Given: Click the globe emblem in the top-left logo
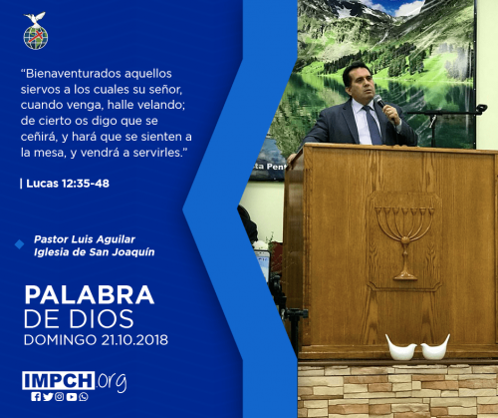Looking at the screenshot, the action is pyautogui.click(x=36, y=37).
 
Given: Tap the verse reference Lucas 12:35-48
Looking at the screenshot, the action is pyautogui.click(x=68, y=184).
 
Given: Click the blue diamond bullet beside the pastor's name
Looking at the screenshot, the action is pyautogui.click(x=20, y=244).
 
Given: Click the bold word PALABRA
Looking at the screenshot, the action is pyautogui.click(x=90, y=295).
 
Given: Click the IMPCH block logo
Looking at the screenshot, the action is pyautogui.click(x=59, y=380).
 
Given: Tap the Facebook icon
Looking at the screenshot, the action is pyautogui.click(x=36, y=397).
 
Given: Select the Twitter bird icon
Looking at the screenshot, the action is pyautogui.click(x=48, y=397).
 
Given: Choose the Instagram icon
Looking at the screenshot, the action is pyautogui.click(x=60, y=397).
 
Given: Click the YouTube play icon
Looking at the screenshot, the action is pyautogui.click(x=72, y=397).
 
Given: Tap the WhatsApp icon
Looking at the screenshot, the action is pyautogui.click(x=84, y=397).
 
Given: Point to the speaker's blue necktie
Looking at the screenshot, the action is pyautogui.click(x=373, y=125).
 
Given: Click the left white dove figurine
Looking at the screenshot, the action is pyautogui.click(x=400, y=348).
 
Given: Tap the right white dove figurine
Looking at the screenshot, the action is pyautogui.click(x=435, y=348).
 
